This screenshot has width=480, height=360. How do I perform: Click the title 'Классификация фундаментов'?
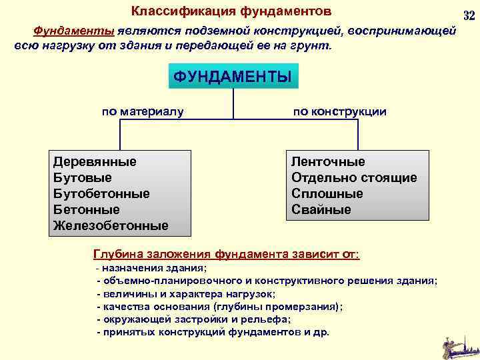click(x=231, y=11)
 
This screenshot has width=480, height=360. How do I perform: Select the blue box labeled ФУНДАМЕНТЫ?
click(x=233, y=76)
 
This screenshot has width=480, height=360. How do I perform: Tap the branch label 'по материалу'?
click(x=143, y=111)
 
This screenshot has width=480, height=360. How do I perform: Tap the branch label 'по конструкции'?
click(x=339, y=111)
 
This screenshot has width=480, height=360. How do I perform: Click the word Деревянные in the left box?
click(x=95, y=161)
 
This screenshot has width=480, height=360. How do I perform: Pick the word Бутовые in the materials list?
click(x=82, y=177)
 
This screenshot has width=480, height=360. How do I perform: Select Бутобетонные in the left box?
click(x=101, y=193)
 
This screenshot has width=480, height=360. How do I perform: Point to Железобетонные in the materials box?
click(x=111, y=225)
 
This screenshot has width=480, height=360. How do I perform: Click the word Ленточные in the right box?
click(x=328, y=161)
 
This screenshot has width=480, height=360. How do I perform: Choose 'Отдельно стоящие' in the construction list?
click(x=354, y=177)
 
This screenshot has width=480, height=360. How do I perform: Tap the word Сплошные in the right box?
click(x=327, y=193)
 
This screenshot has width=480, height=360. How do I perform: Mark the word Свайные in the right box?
click(x=321, y=209)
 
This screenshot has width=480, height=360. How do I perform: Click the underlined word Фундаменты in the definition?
click(x=74, y=31)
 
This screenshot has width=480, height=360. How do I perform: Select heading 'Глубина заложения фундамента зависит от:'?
click(x=226, y=254)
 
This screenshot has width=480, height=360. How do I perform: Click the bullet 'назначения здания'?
click(x=153, y=268)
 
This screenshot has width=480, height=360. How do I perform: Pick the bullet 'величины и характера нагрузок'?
click(x=187, y=293)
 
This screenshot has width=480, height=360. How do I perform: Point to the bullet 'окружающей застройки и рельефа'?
click(x=194, y=319)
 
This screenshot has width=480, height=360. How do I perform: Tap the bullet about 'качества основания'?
click(x=221, y=306)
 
